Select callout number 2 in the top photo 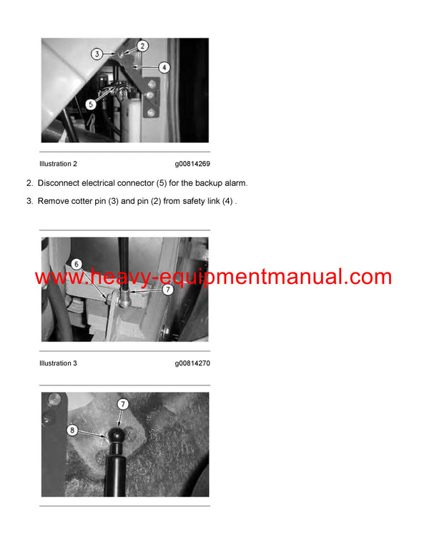tap(142, 46)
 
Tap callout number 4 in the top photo tap(164, 68)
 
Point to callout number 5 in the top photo tap(91, 104)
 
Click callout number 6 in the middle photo tap(76, 264)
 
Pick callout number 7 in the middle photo tap(167, 290)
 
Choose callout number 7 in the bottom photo tap(124, 404)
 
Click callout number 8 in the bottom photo tap(72, 431)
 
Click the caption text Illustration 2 tap(58, 164)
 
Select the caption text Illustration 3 tap(58, 363)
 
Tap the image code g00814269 tap(192, 164)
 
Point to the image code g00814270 tap(192, 363)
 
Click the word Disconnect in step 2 tap(59, 183)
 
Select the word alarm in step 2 tap(235, 183)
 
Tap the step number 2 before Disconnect tap(29, 183)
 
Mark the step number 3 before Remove tap(29, 202)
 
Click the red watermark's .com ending tap(368, 277)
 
